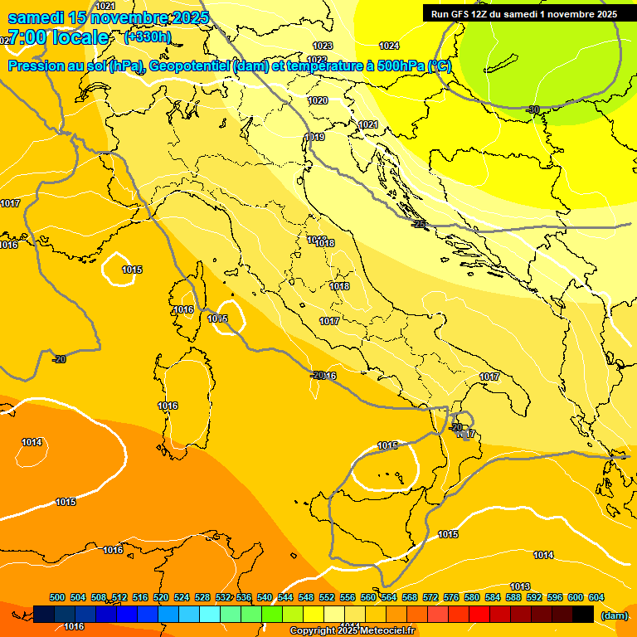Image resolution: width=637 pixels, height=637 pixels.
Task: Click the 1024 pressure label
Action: click(x=388, y=46)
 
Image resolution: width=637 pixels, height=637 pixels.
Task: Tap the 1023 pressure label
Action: click(x=323, y=46)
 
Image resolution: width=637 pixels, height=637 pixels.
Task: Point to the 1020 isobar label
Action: click(x=318, y=100)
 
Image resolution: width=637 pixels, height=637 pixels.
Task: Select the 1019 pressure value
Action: click(x=314, y=137)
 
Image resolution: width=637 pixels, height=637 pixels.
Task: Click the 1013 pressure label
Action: click(x=520, y=586)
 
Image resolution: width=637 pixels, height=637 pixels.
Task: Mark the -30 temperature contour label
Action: click(x=532, y=109)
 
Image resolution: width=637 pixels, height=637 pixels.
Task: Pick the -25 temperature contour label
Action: click(x=420, y=224)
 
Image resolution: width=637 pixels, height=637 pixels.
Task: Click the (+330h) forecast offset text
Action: click(x=148, y=37)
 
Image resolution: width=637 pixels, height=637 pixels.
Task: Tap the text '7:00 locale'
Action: click(x=58, y=37)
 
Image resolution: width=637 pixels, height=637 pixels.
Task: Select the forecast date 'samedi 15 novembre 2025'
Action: click(x=108, y=17)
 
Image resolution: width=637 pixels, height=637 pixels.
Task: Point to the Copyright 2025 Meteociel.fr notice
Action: click(x=353, y=631)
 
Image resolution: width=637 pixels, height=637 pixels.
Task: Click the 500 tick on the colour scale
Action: click(x=57, y=597)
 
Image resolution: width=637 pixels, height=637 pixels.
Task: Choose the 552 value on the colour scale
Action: click(x=327, y=597)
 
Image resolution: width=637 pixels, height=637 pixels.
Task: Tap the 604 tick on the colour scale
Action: click(x=596, y=597)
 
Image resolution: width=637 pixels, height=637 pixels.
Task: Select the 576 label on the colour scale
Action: click(x=451, y=597)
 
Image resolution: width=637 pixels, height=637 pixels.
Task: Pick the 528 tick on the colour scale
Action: click(x=202, y=597)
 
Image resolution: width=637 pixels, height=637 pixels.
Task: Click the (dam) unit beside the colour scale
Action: click(x=614, y=615)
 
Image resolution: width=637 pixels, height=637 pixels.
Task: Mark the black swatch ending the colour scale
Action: click(x=583, y=614)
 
